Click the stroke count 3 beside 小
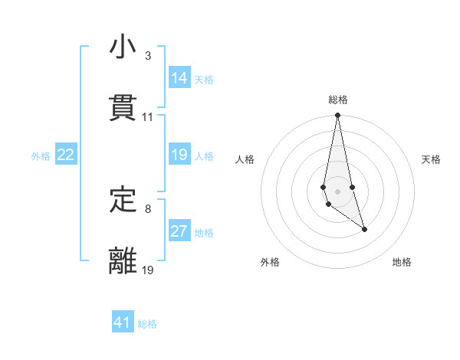click(x=147, y=56)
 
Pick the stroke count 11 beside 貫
click(x=147, y=117)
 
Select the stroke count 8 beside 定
click(x=147, y=208)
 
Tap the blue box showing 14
click(x=179, y=78)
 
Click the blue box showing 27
click(x=179, y=231)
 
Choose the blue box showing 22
click(x=66, y=155)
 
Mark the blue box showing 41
click(x=123, y=322)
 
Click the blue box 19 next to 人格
click(x=179, y=155)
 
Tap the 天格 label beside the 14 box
click(x=204, y=80)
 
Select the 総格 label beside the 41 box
click(x=147, y=324)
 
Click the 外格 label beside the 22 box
click(x=41, y=156)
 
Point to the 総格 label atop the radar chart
click(x=337, y=100)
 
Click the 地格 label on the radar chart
click(x=402, y=262)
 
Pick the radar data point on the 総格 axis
click(x=337, y=116)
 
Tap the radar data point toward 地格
click(x=364, y=229)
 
